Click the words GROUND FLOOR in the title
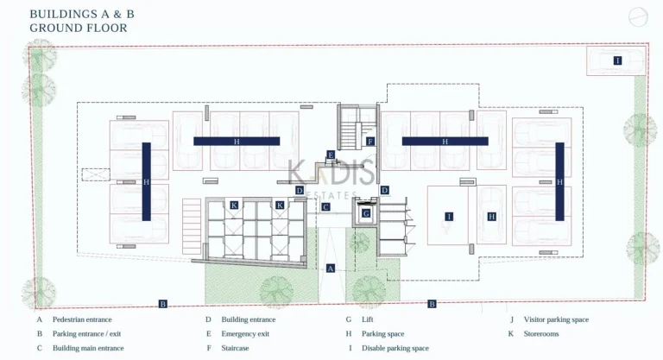tap(79, 28)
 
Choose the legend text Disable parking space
tap(395, 348)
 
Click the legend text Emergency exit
tap(245, 333)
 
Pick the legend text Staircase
tap(236, 348)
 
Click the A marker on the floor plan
tap(331, 268)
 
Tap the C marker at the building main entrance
tap(325, 207)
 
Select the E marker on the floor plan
tap(331, 155)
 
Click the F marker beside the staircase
tap(369, 141)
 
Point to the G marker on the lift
tap(366, 213)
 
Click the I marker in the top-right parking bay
tap(617, 60)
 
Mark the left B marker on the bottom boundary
tap(162, 303)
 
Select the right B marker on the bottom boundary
tap(433, 303)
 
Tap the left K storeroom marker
tap(234, 205)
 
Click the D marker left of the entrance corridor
tap(299, 190)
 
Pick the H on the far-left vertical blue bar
tap(146, 182)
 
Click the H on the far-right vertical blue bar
tap(559, 182)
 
